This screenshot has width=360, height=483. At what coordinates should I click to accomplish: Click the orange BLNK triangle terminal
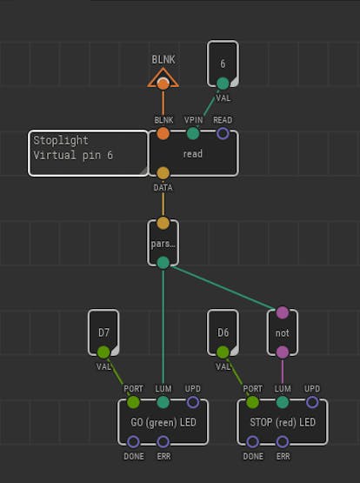coord(163,78)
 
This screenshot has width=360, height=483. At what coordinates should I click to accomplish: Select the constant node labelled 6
coord(223,64)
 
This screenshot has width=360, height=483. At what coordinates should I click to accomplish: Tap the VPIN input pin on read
coord(193,134)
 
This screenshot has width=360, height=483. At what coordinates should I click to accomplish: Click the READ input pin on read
coord(223,134)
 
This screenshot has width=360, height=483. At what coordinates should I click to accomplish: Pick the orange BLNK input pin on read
coord(163,134)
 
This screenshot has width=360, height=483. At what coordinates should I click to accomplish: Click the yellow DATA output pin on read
coord(163,173)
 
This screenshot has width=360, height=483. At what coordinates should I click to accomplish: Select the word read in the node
coord(193,154)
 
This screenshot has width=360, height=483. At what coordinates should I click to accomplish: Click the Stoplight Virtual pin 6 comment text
coord(73,148)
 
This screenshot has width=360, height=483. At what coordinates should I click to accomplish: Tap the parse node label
coord(163,244)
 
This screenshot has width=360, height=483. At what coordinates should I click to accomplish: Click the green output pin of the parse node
coord(163,263)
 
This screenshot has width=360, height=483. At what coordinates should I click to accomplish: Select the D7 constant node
coord(103,332)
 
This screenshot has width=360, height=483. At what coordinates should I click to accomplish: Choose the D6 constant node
coord(223,332)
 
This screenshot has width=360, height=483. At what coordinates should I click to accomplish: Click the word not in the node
coord(283,333)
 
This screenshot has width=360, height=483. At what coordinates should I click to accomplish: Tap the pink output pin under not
coord(283,352)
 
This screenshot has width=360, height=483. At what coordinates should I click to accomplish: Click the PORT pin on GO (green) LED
coord(133,402)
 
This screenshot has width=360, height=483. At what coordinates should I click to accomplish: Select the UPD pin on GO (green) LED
coord(193,402)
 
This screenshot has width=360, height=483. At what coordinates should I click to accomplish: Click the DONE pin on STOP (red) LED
coord(253,442)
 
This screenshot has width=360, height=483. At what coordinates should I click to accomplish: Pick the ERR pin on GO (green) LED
coord(163,442)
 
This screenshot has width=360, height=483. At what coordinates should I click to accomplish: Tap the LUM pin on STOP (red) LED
coord(283,402)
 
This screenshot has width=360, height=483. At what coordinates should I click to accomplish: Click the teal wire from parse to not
coord(224,288)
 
